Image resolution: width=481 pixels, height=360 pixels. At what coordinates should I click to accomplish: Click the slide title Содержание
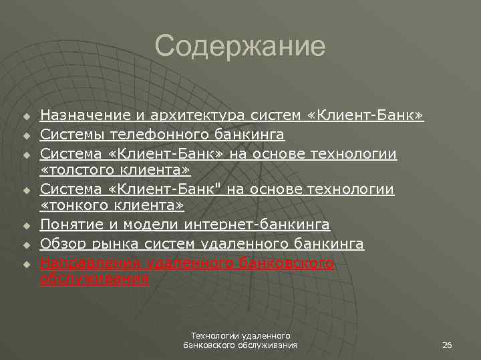240,47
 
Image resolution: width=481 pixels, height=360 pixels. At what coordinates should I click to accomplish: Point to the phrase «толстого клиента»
115,171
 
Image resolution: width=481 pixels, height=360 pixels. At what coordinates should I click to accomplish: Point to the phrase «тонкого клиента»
112,208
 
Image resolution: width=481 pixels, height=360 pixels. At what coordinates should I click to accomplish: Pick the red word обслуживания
94,280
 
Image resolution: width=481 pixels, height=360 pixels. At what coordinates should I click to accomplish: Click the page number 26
448,345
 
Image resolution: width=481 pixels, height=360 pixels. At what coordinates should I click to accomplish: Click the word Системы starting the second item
66,135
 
